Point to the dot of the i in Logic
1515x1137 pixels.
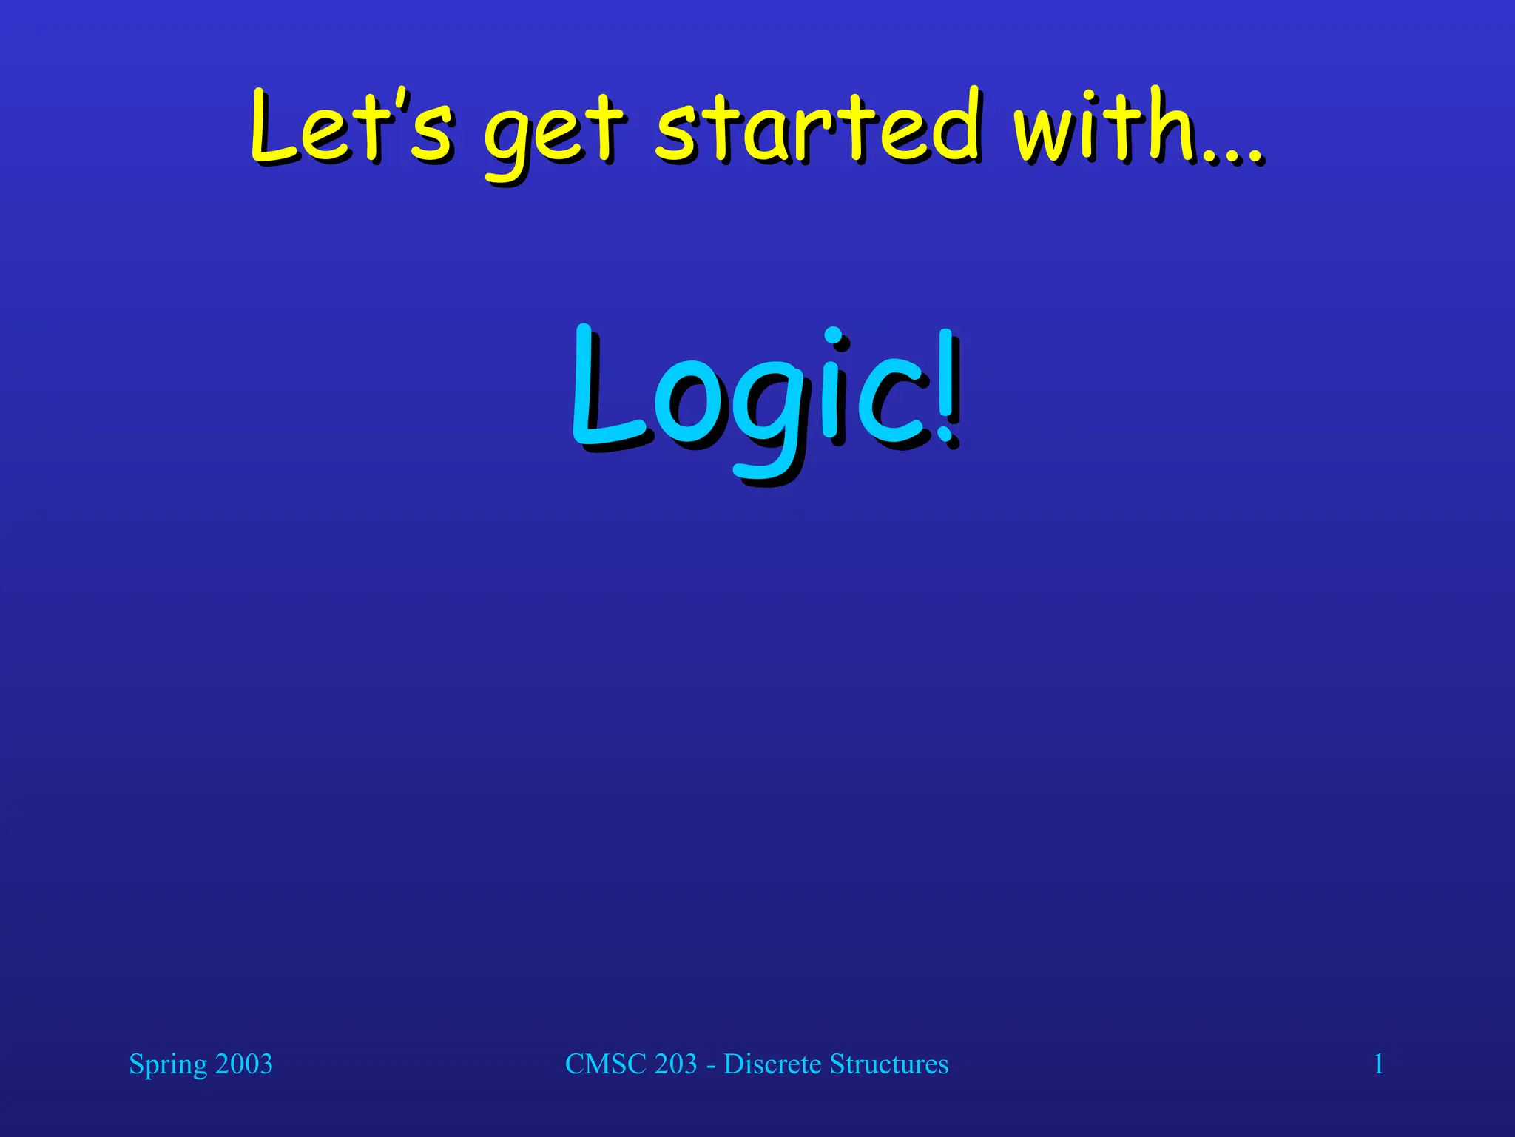tap(833, 338)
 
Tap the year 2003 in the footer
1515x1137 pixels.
tap(244, 1064)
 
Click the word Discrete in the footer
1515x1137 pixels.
tap(772, 1064)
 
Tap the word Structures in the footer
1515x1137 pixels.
tap(888, 1064)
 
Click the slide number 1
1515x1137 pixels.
tap(1378, 1064)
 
